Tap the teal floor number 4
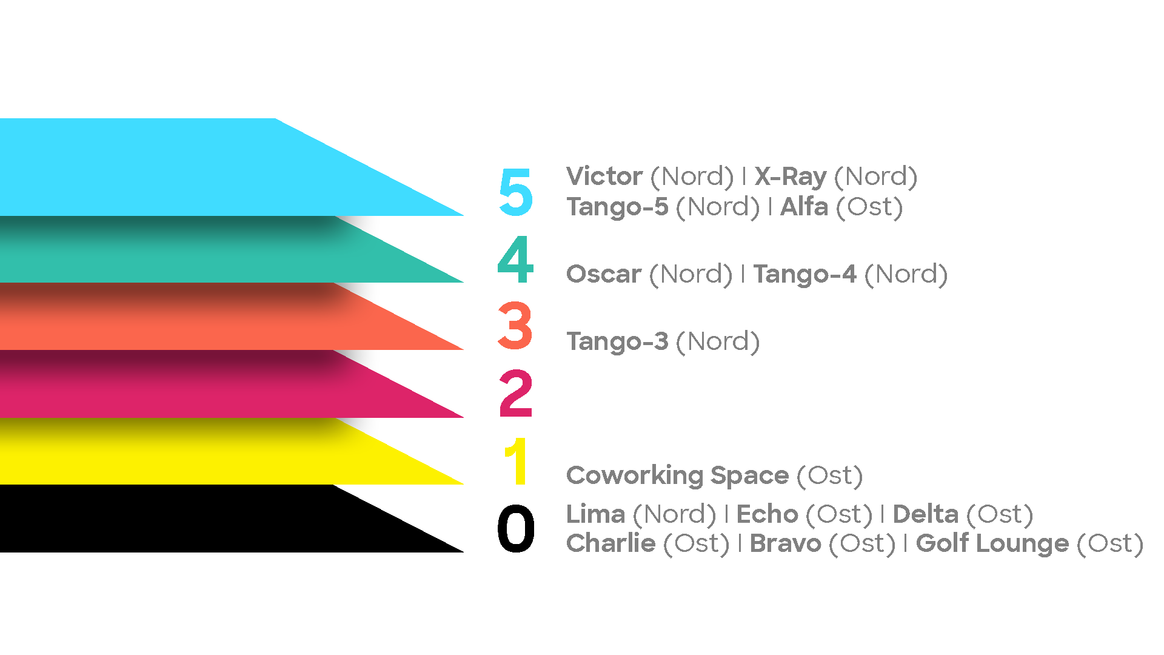click(515, 259)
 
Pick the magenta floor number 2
click(515, 394)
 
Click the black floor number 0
click(515, 529)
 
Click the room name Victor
click(604, 176)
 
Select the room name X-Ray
click(791, 176)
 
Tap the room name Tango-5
click(617, 207)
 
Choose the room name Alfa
click(804, 207)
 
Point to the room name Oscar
click(603, 274)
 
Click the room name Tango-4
click(804, 275)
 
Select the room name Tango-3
click(617, 342)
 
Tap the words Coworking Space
click(677, 476)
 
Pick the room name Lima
click(595, 514)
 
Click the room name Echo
click(767, 514)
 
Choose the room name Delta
click(925, 514)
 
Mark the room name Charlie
click(610, 543)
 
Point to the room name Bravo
click(785, 543)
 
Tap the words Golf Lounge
click(992, 544)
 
